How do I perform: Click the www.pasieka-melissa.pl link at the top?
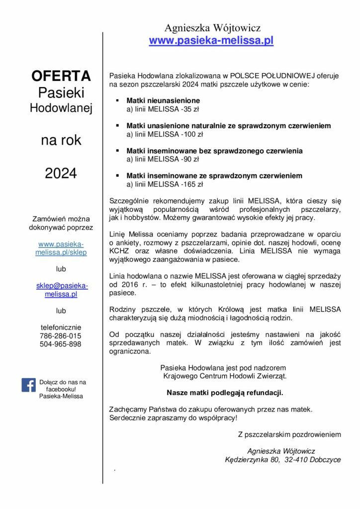click(211, 41)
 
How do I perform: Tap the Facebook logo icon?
click(28, 385)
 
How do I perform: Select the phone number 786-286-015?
click(61, 336)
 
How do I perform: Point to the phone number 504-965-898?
click(61, 344)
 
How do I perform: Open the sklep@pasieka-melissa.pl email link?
click(62, 290)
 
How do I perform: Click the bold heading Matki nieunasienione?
click(163, 100)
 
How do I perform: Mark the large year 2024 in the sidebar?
click(61, 173)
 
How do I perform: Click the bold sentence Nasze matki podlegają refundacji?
click(225, 393)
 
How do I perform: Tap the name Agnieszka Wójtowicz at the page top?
click(212, 28)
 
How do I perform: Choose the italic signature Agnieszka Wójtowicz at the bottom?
click(281, 451)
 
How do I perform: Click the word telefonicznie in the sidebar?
click(61, 328)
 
